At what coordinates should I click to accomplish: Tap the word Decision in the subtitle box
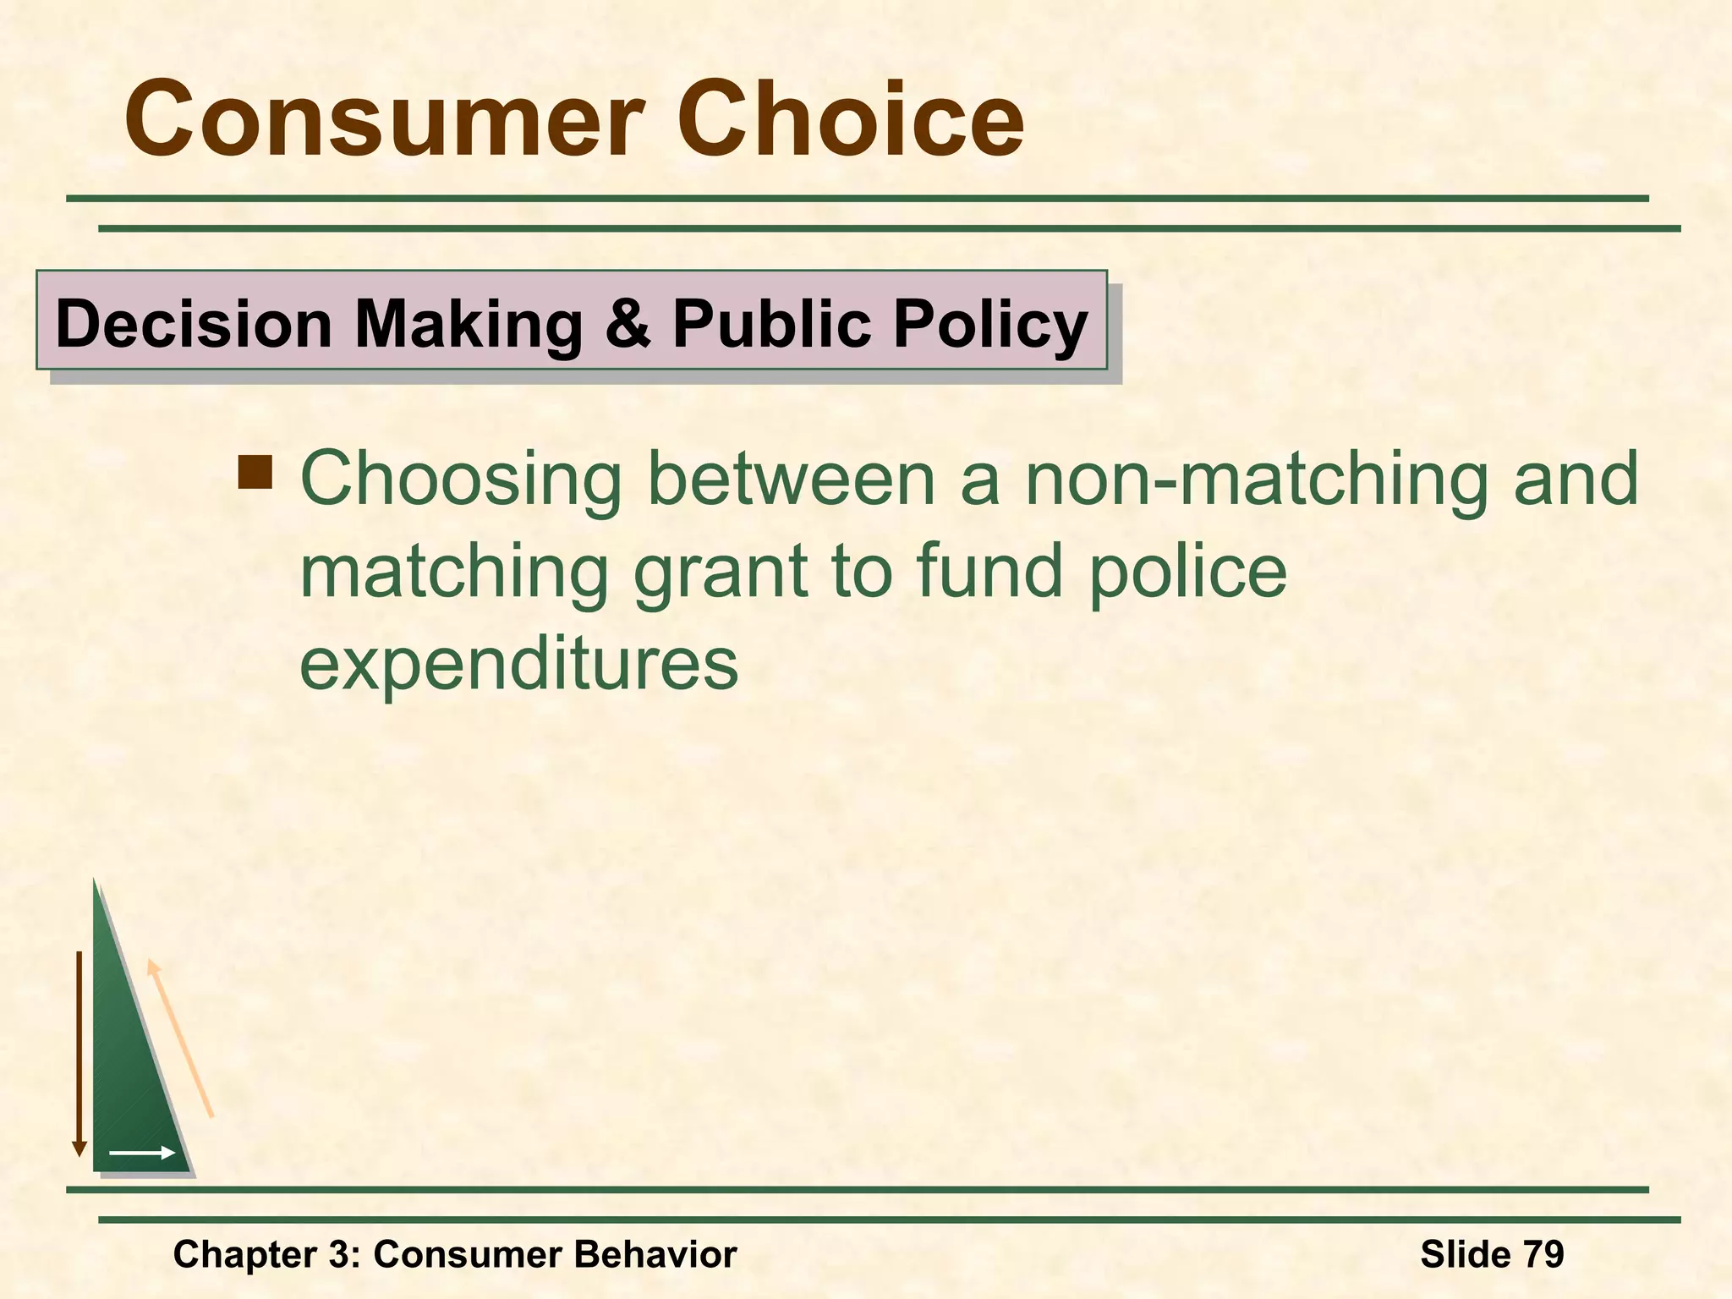(x=194, y=324)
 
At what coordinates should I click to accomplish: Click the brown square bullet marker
(x=255, y=473)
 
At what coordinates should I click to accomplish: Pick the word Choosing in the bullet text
(x=461, y=480)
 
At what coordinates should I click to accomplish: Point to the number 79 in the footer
(x=1543, y=1254)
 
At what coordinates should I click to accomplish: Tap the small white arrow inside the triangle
(x=141, y=1153)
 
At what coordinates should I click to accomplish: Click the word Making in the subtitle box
(x=469, y=324)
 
